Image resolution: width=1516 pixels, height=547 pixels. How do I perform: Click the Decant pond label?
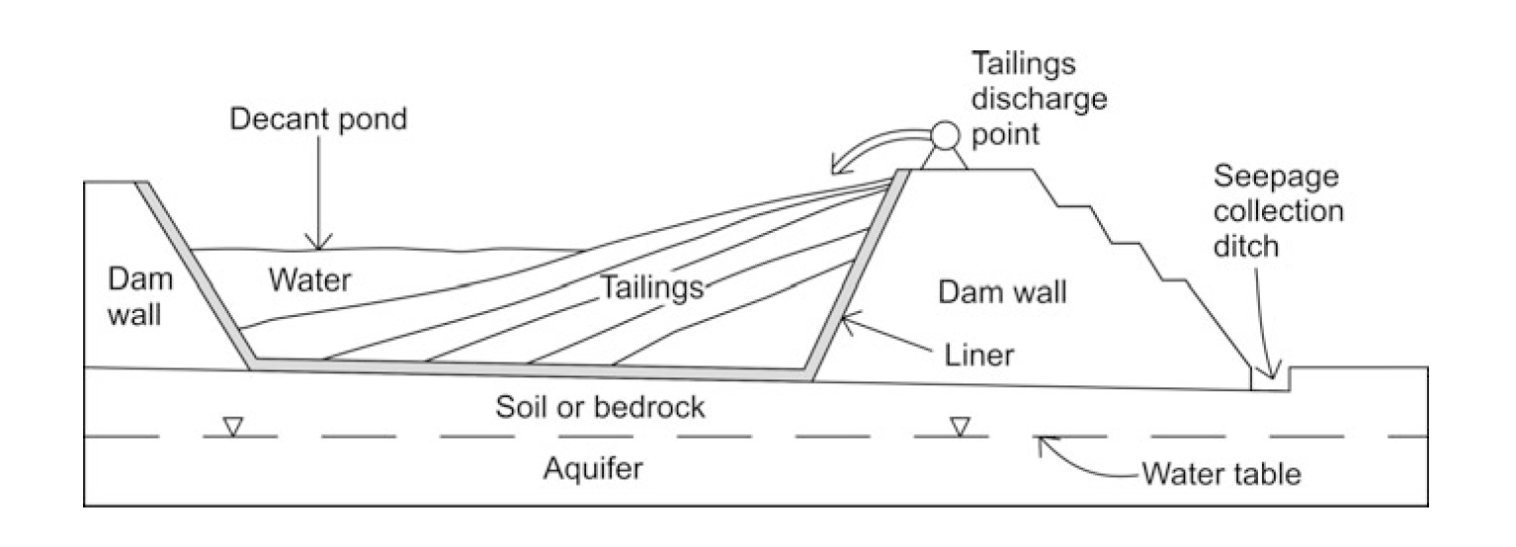point(318,119)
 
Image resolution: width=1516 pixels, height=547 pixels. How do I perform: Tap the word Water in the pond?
point(308,280)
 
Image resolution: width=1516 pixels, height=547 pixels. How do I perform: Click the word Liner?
point(973,354)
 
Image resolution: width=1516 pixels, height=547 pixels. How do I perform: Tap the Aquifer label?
point(593,468)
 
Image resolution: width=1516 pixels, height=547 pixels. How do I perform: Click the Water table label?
point(1221,474)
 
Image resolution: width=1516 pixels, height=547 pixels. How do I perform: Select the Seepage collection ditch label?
point(1278,212)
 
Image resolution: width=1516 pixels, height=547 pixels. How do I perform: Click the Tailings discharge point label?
point(1040,98)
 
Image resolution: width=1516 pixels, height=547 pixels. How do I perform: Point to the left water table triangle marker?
point(233,427)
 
